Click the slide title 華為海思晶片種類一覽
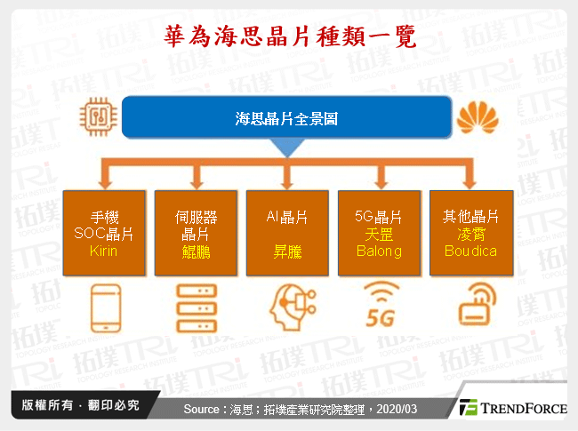coord(289,36)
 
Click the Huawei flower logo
coord(478,117)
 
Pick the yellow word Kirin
coord(104,251)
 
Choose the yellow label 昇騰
coord(287,251)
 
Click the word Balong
coord(379,251)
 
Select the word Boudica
coord(470,251)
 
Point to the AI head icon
coord(287,305)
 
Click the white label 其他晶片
coord(470,216)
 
